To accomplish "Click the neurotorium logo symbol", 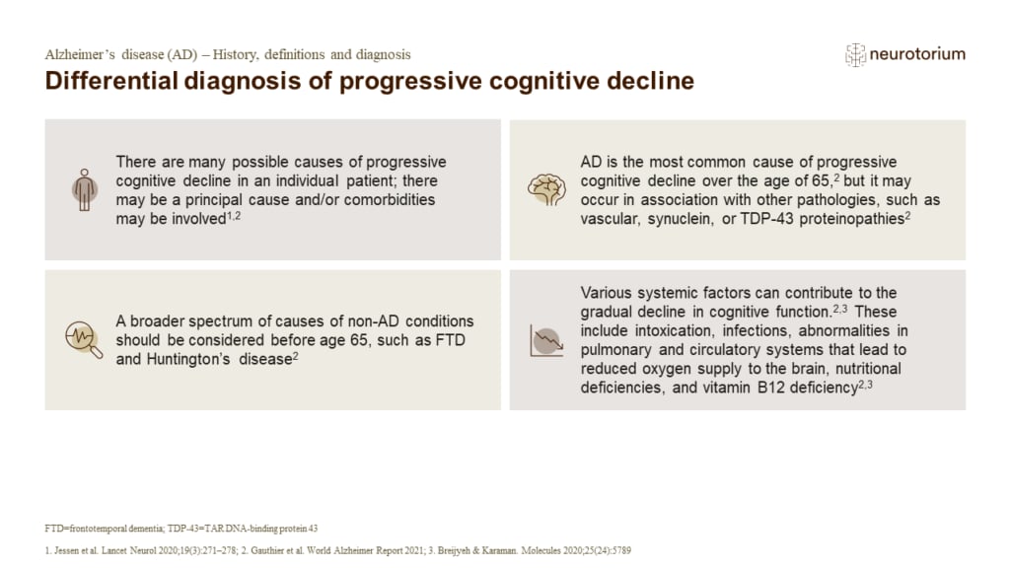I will point(854,54).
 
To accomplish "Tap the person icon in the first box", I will point(82,188).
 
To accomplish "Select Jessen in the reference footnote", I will point(69,548).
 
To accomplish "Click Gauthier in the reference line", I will point(292,548).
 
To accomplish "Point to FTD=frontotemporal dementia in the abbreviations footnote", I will point(108,529).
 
